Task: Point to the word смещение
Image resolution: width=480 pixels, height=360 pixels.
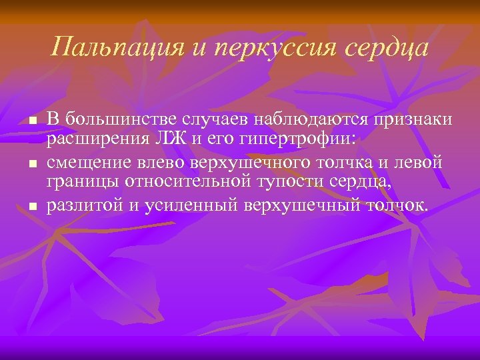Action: pos(86,162)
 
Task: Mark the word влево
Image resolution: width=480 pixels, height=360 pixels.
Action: pos(156,162)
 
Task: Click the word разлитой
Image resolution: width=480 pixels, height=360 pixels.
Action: pos(84,205)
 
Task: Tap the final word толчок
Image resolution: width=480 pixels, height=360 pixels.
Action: pos(399,205)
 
